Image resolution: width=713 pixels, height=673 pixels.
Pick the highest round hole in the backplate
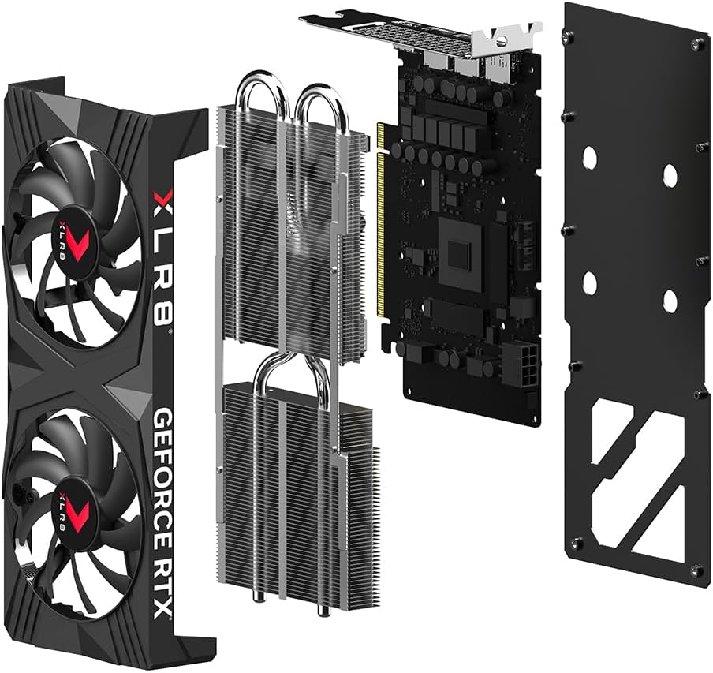[x=590, y=157]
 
